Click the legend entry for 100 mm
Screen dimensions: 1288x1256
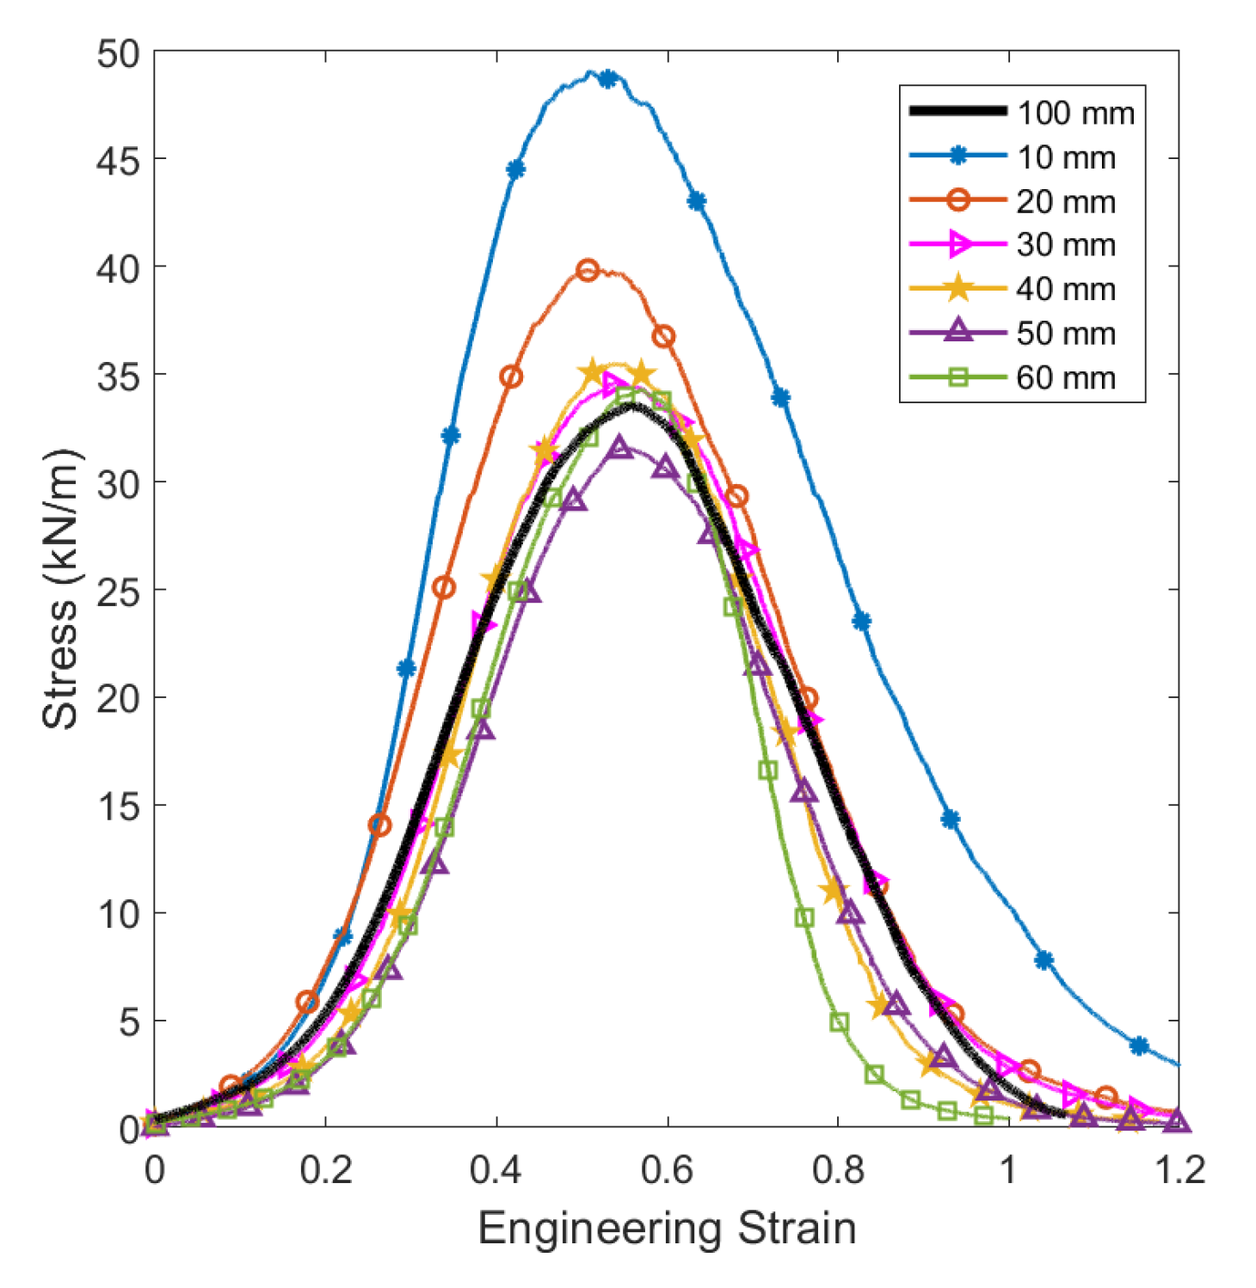1075,113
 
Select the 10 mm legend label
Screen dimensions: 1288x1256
1066,157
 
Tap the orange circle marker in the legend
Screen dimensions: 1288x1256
957,200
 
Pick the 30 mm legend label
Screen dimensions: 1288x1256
1066,245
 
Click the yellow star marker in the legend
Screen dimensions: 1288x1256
957,289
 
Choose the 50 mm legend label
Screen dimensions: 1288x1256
1066,334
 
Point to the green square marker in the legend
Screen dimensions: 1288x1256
957,377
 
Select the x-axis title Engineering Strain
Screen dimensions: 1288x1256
667,1228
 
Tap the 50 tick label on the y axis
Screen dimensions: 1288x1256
118,53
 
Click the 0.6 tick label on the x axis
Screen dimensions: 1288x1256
667,1170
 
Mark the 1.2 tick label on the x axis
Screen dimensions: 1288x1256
1178,1170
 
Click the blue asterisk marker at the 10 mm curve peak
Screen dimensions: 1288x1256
608,79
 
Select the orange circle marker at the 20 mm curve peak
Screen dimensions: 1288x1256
588,270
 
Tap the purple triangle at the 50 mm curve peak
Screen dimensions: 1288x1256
619,447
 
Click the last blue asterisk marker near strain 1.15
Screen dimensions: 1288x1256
1139,1046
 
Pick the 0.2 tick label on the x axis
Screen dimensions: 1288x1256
326,1170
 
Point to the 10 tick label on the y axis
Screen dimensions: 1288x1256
118,914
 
